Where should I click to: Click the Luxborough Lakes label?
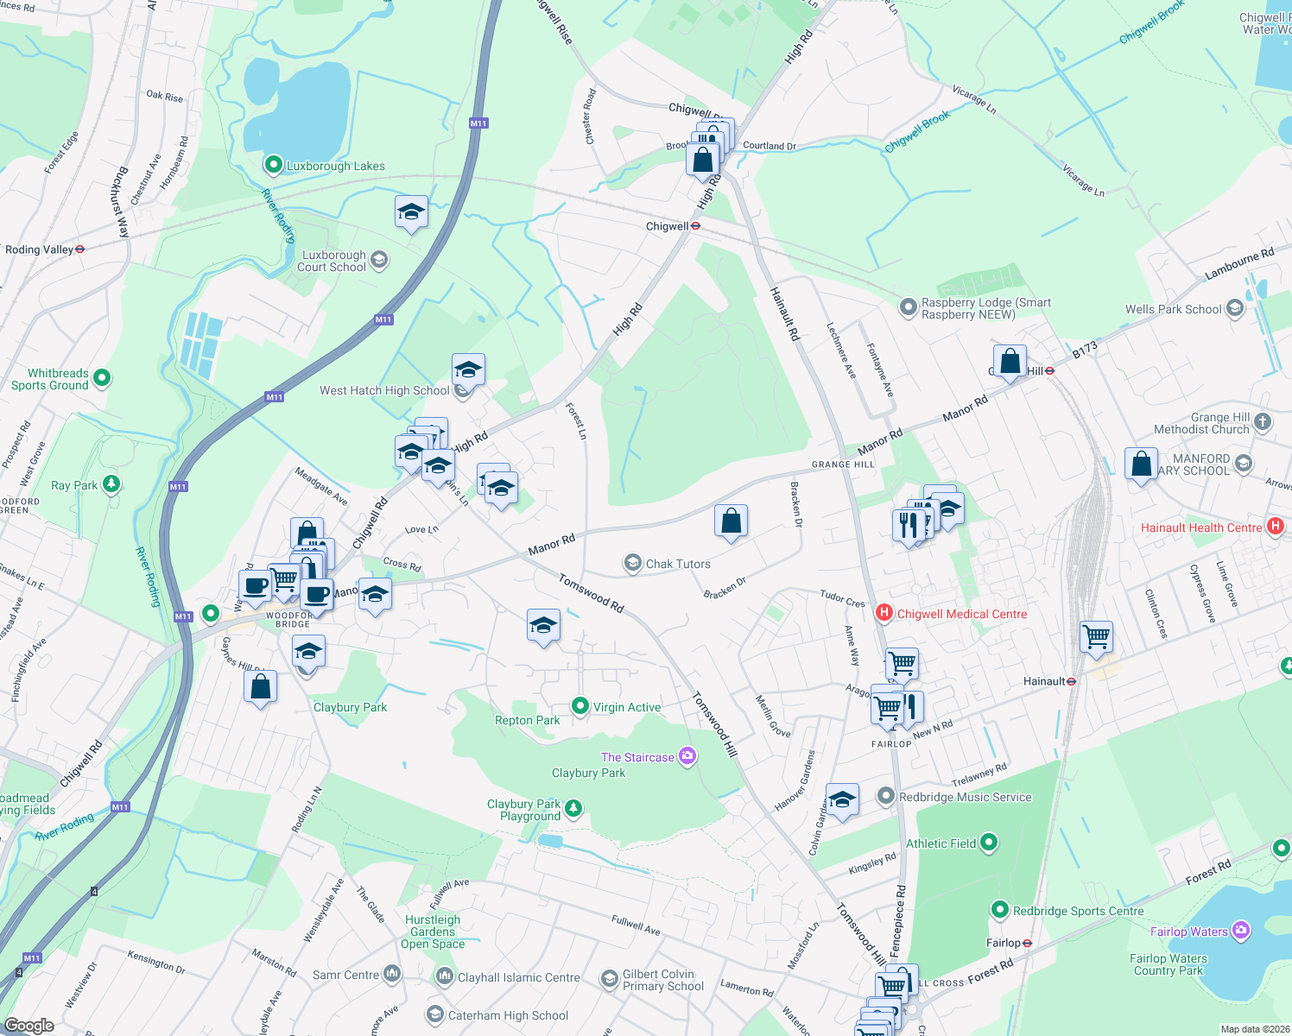(335, 166)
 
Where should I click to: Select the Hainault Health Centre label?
(1201, 527)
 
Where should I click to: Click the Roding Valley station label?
(39, 250)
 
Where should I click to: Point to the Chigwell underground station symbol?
(695, 226)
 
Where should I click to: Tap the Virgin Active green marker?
(580, 706)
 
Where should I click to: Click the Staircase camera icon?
(687, 756)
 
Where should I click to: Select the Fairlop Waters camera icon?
(1241, 931)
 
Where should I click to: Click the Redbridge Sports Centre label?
(1078, 911)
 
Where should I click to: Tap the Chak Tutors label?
(678, 564)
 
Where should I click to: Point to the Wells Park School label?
(1173, 309)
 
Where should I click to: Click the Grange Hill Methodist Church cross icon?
(1263, 421)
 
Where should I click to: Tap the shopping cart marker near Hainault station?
(1096, 638)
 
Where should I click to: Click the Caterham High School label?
(508, 1015)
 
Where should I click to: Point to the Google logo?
(28, 1026)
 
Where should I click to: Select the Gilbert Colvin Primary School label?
(663, 980)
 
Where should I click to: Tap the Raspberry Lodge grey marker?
(908, 306)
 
